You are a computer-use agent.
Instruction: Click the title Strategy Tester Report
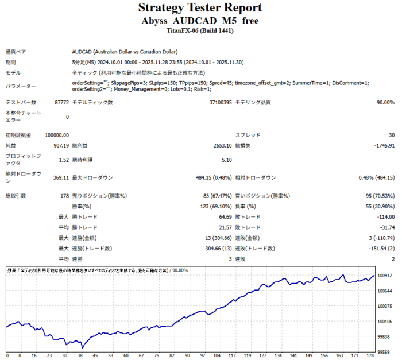[200, 8]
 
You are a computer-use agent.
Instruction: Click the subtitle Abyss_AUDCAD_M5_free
[200, 21]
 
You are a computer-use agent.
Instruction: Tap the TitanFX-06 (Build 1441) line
[200, 30]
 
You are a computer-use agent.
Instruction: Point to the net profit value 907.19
[61, 145]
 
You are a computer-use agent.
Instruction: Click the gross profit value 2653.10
[221, 145]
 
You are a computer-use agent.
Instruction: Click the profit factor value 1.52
[64, 160]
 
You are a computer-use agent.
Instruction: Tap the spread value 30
[391, 135]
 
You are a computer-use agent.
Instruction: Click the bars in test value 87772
[61, 102]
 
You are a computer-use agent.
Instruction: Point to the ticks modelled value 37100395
[221, 102]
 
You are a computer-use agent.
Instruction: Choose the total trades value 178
[64, 196]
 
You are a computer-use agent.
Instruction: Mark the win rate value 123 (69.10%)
[215, 206]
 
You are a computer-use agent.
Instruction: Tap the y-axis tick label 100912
[384, 276]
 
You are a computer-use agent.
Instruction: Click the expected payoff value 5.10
[227, 160]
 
